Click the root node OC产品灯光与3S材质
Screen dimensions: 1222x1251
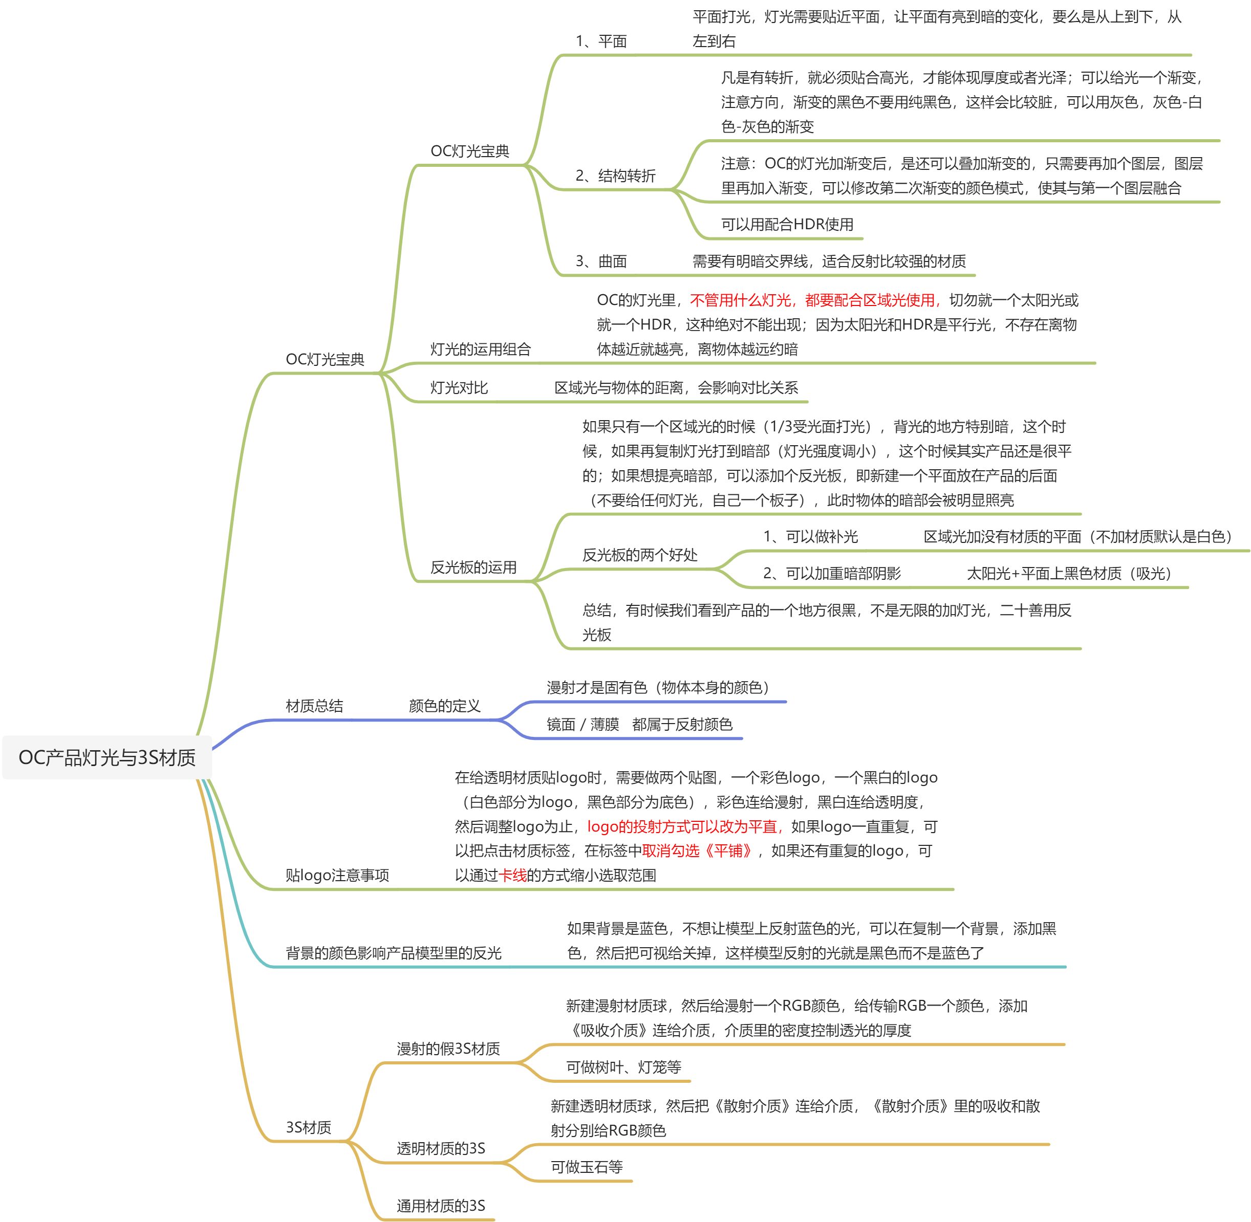click(107, 758)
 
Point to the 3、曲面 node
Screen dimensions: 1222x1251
click(601, 261)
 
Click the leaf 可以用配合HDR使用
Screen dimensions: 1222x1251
click(787, 225)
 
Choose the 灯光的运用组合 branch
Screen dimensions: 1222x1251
click(480, 349)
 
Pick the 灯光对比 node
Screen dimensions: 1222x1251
click(459, 388)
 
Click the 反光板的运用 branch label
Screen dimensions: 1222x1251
click(473, 568)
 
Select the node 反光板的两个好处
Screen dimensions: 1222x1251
click(639, 555)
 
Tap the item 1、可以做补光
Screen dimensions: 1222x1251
click(810, 537)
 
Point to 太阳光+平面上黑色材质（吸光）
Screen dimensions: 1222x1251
click(1069, 574)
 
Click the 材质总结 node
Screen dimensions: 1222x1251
click(314, 706)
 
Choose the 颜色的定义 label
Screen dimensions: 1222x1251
click(444, 706)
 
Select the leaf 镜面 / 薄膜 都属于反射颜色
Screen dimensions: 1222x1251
click(639, 725)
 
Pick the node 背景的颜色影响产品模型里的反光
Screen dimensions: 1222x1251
click(393, 953)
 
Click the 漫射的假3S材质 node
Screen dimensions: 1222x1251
click(448, 1049)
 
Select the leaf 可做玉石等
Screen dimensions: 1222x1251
click(587, 1167)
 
